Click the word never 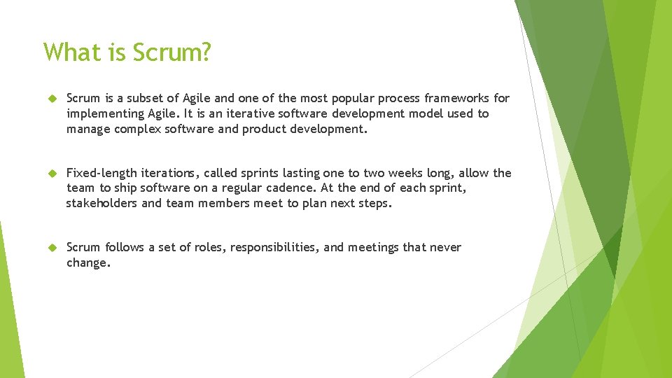pyautogui.click(x=444, y=247)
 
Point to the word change pyautogui.click(x=87, y=262)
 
